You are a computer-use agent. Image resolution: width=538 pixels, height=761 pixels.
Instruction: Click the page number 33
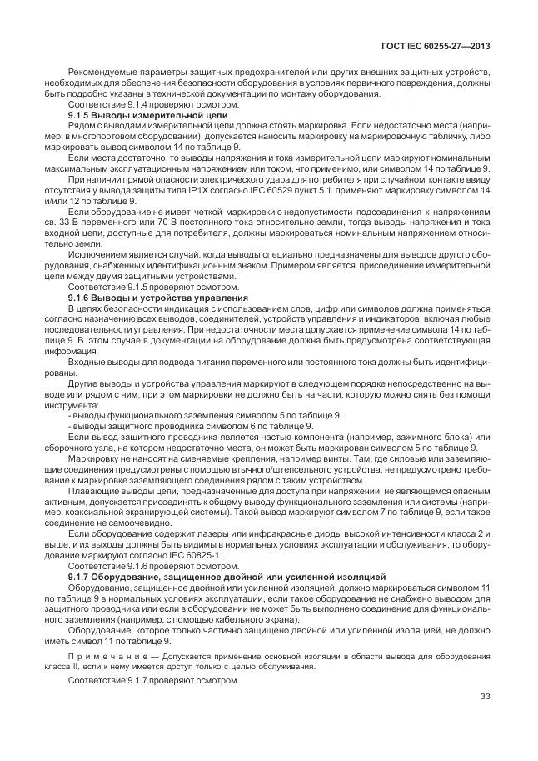point(486,698)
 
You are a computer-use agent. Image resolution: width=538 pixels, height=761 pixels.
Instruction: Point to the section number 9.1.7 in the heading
point(80,576)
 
